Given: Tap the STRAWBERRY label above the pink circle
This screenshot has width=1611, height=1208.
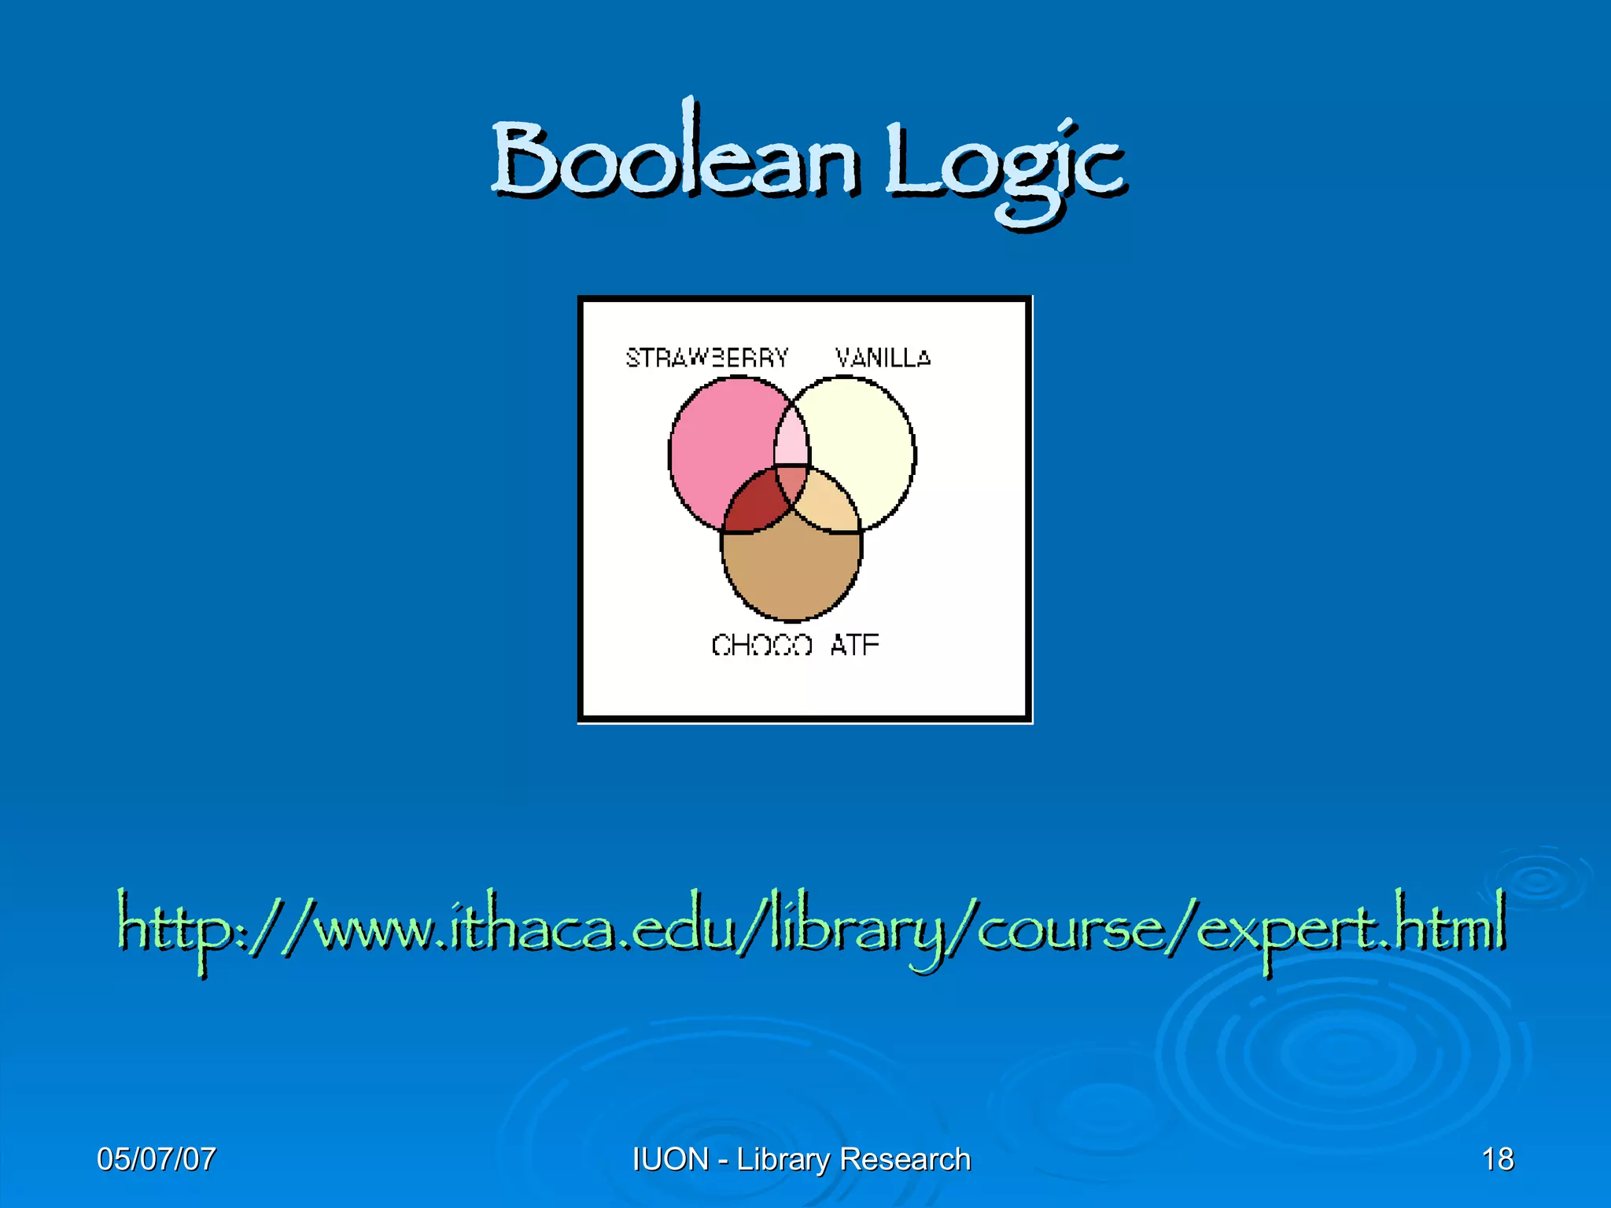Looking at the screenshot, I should pyautogui.click(x=706, y=358).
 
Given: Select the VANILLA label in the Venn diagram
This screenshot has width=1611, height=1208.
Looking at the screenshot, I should pyautogui.click(x=883, y=358).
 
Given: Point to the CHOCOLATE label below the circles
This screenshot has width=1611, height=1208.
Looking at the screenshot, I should pyautogui.click(x=794, y=645).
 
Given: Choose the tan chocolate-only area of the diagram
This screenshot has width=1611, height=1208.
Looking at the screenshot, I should pyautogui.click(x=791, y=574).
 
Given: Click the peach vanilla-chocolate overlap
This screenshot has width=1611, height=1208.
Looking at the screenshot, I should pyautogui.click(x=831, y=503).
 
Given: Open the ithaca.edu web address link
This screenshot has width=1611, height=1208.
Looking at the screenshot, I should pyautogui.click(x=810, y=928).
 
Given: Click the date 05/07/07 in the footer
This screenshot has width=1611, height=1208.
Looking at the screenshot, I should pyautogui.click(x=156, y=1159).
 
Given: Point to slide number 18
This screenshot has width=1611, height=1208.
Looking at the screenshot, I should pyautogui.click(x=1497, y=1159).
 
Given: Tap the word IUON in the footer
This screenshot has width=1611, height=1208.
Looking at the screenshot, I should pyautogui.click(x=670, y=1159).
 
